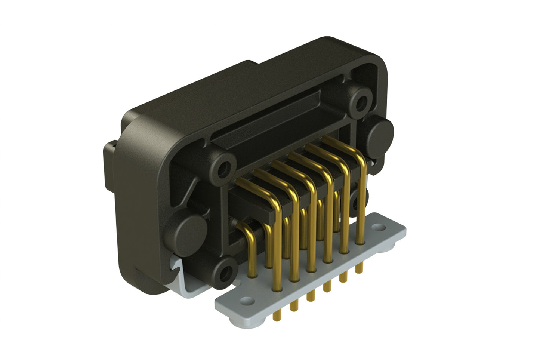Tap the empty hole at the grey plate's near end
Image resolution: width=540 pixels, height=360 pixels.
(x=246, y=300)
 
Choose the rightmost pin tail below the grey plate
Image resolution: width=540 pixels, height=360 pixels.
(x=359, y=268)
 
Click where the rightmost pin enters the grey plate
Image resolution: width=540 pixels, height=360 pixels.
(x=360, y=243)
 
